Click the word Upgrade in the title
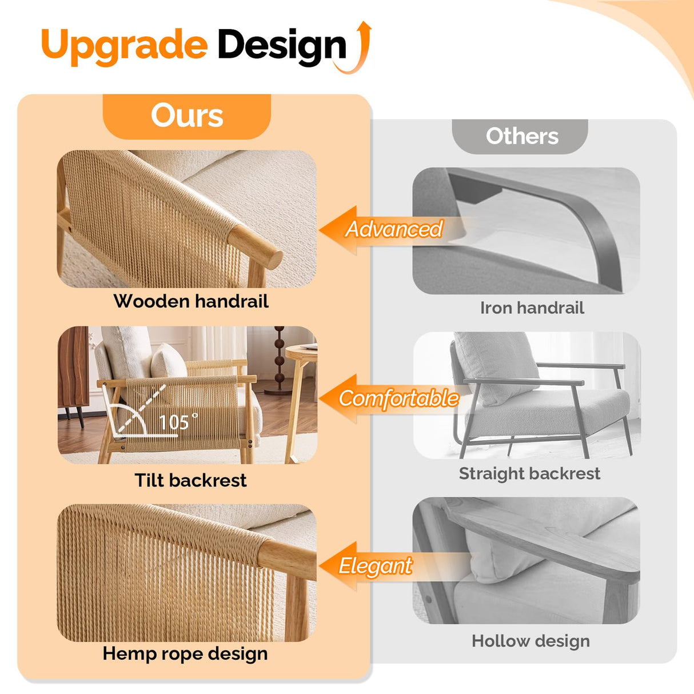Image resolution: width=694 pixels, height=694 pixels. coord(125,46)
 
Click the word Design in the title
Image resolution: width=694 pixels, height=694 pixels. coord(282,47)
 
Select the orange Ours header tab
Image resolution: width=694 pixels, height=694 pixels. coord(187,116)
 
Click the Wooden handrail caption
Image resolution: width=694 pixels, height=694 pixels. coord(191,301)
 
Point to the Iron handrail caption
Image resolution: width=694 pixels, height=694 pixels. coord(532,308)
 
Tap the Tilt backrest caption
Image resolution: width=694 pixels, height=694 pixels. coord(190,480)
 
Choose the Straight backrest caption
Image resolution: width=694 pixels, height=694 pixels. coord(529,473)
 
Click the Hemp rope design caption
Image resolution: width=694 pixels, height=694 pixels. coord(185,653)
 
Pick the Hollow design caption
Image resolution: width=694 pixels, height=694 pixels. coord(531,641)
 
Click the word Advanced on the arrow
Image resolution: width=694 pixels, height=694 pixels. coord(394,229)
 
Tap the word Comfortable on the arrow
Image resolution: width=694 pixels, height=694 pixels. coord(399,398)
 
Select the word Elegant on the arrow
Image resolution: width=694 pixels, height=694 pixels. coord(375,566)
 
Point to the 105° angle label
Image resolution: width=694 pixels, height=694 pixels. coord(178,422)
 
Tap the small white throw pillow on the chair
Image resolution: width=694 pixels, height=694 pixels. coord(168,361)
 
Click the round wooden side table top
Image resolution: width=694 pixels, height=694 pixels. coord(302,350)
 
